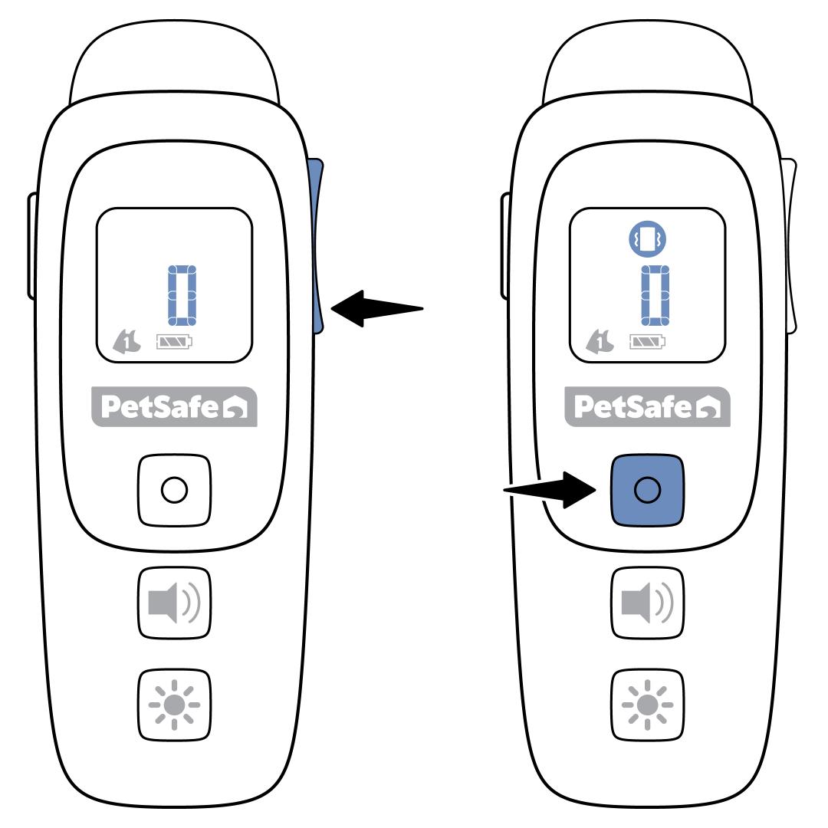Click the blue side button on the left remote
(317, 245)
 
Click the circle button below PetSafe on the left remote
(174, 489)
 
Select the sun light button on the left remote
(174, 704)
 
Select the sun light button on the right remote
(646, 704)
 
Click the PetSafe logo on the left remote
(175, 406)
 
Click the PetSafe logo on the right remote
(647, 406)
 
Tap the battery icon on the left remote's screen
(175, 341)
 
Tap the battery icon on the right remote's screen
(648, 341)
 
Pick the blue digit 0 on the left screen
(182, 295)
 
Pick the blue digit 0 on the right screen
(654, 295)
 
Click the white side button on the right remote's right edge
(791, 245)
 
